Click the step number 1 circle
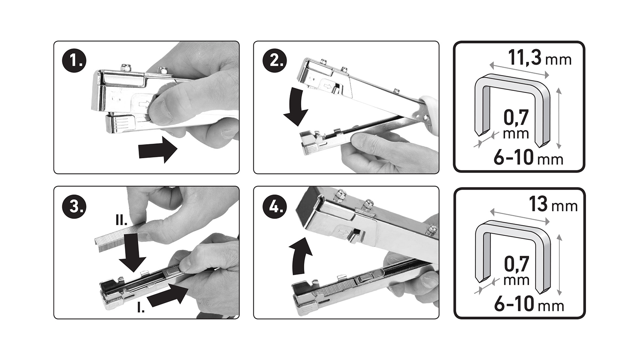(74, 61)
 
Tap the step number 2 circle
(275, 61)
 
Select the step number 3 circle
(74, 206)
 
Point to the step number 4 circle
(275, 206)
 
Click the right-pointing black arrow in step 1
(158, 150)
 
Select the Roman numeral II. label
(121, 220)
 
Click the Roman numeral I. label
(140, 308)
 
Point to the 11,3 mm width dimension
(539, 58)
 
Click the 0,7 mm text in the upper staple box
(516, 124)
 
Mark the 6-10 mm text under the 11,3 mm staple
(528, 157)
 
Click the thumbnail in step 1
(161, 110)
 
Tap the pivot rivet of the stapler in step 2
(426, 117)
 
